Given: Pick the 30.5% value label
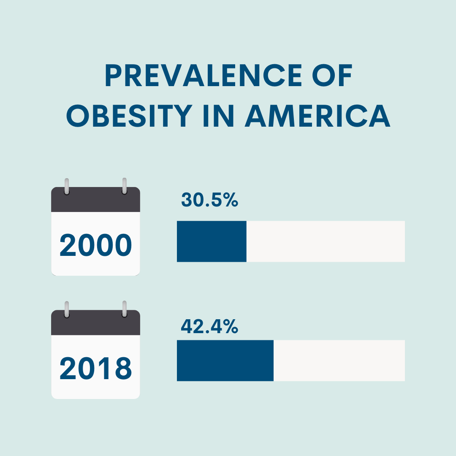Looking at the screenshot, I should [210, 200].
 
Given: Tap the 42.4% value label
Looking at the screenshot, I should [209, 326].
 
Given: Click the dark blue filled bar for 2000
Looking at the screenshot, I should [212, 241].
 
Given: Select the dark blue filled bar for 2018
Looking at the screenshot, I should [225, 360].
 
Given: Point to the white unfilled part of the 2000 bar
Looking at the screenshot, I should [325, 241].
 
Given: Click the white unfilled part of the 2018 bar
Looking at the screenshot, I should [339, 360].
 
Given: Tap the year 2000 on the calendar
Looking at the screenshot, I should [96, 245].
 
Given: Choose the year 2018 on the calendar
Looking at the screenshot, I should [96, 368].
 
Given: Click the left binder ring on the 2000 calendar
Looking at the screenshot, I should [66, 186].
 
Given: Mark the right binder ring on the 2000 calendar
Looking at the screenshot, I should [125, 186].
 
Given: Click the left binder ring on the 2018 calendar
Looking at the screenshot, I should [66, 309].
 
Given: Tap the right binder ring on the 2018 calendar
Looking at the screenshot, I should [125, 309].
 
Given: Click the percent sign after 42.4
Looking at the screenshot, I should [230, 326].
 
